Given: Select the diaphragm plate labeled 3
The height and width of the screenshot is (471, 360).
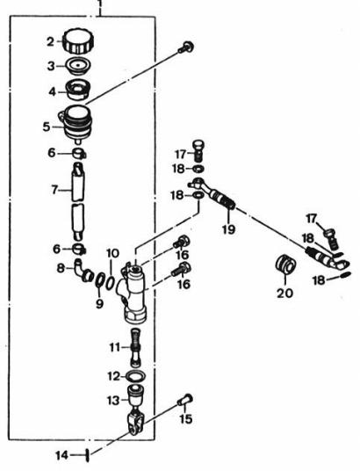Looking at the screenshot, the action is point(78,66).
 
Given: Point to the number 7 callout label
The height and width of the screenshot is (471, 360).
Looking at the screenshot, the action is point(54,190).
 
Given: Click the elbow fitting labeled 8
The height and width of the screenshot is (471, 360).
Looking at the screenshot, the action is point(84,271).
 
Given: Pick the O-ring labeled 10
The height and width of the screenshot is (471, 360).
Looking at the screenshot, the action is point(110,282).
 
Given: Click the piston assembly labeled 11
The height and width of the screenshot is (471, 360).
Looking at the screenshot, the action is point(136,347).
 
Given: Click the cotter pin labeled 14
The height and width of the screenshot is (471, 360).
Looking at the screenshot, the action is point(88,456).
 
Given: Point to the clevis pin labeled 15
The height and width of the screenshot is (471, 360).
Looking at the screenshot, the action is point(184,400).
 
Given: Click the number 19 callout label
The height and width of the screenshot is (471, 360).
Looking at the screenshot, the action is point(228,230).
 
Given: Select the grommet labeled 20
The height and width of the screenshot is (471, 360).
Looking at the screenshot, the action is point(285,264).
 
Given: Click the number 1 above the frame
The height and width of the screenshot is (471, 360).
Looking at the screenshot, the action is point(100,4).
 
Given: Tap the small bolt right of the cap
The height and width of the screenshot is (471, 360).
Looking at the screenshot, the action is point(186,47).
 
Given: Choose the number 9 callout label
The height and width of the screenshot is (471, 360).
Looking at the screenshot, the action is point(99,304).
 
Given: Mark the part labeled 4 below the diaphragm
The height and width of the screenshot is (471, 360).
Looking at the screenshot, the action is point(77,90).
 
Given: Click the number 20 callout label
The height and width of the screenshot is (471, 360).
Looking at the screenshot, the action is point(284,293).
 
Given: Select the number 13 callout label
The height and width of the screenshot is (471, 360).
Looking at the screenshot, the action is point(113,401).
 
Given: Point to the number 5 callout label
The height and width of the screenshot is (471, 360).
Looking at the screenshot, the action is point(47,127).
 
